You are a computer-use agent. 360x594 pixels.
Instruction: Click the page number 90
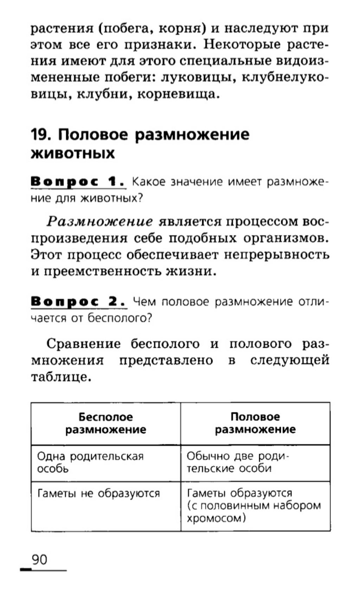pyautogui.click(x=39, y=559)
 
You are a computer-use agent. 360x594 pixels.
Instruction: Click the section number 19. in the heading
pyautogui.click(x=42, y=135)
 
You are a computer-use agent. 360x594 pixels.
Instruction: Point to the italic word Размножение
pyautogui.click(x=100, y=222)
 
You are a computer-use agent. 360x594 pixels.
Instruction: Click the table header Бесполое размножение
pyautogui.click(x=106, y=423)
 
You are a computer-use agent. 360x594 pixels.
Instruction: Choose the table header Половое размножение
pyautogui.click(x=255, y=423)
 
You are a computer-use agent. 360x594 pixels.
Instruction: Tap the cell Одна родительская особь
pyautogui.click(x=90, y=462)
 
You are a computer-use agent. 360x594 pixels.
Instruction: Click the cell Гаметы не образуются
pyautogui.click(x=99, y=494)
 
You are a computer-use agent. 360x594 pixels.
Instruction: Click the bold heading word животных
pyautogui.click(x=73, y=154)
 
